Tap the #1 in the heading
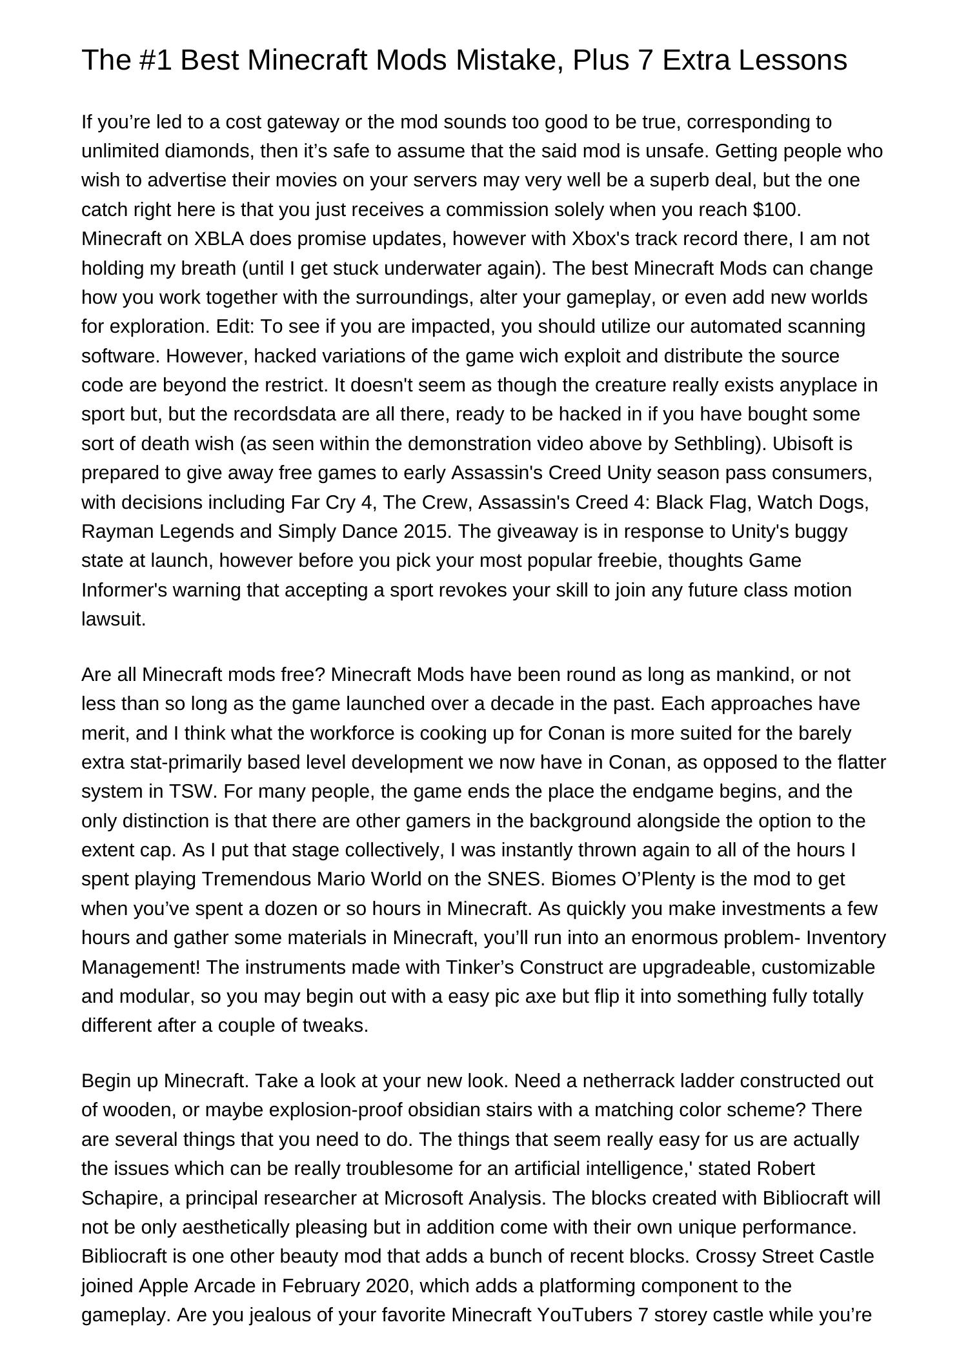tap(154, 61)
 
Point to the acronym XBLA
tap(219, 239)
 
